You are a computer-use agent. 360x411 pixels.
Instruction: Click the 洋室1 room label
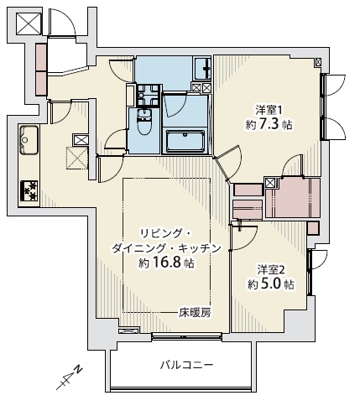269,108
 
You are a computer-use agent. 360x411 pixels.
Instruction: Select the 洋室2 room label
271,269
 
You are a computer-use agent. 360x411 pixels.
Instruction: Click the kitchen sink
27,136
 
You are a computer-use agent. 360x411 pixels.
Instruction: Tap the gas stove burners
29,191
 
